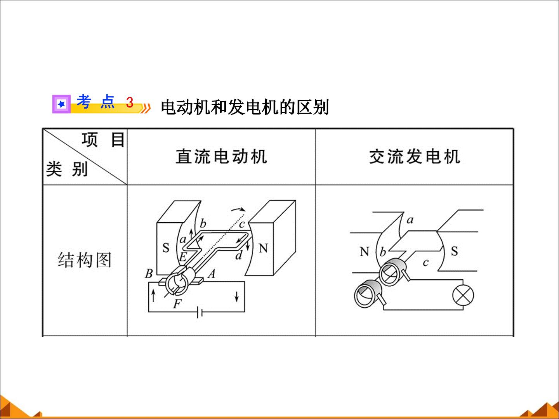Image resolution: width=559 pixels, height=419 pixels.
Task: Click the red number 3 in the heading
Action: pyautogui.click(x=130, y=102)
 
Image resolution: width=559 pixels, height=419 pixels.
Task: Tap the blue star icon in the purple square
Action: pyautogui.click(x=61, y=104)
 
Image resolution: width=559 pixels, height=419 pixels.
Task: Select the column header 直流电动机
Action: pyautogui.click(x=221, y=156)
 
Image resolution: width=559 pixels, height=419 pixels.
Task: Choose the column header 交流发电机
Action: pyautogui.click(x=415, y=156)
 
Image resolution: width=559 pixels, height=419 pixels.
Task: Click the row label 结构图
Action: pyautogui.click(x=85, y=260)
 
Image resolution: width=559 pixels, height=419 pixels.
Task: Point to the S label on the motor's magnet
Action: pyautogui.click(x=166, y=248)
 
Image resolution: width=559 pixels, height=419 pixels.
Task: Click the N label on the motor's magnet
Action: pyautogui.click(x=263, y=248)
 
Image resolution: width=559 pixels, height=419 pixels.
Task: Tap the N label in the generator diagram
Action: pyautogui.click(x=365, y=252)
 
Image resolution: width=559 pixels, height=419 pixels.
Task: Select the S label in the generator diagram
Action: pyautogui.click(x=454, y=251)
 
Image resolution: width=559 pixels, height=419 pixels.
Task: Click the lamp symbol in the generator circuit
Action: pyautogui.click(x=463, y=295)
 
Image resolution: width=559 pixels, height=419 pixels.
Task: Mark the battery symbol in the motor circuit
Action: pyautogui.click(x=200, y=312)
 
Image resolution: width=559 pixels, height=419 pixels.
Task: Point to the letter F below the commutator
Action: pyautogui.click(x=177, y=304)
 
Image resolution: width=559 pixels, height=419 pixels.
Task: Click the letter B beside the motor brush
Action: pyautogui.click(x=149, y=274)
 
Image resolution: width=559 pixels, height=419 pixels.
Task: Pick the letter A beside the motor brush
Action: pyautogui.click(x=212, y=274)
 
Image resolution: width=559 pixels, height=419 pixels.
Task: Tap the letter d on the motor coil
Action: pyautogui.click(x=239, y=255)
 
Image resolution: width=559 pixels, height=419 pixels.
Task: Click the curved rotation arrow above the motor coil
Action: pyautogui.click(x=238, y=209)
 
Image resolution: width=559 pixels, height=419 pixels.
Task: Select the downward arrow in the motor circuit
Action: pyautogui.click(x=236, y=296)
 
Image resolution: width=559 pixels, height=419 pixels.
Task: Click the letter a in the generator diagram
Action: pyautogui.click(x=410, y=220)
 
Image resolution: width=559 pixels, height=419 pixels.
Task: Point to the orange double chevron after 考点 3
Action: pyautogui.click(x=146, y=108)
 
